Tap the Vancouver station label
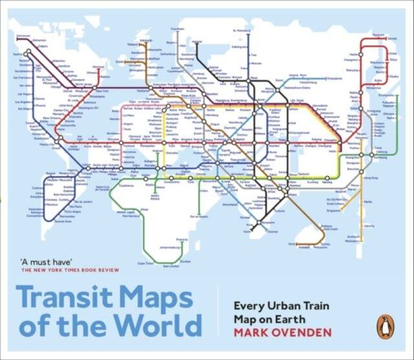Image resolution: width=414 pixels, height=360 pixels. click(23, 36)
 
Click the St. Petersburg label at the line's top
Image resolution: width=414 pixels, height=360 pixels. click(242, 31)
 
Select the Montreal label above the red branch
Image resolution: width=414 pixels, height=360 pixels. click(98, 67)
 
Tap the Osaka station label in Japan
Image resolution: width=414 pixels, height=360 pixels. click(393, 76)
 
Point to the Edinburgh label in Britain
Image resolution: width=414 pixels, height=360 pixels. click(132, 39)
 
